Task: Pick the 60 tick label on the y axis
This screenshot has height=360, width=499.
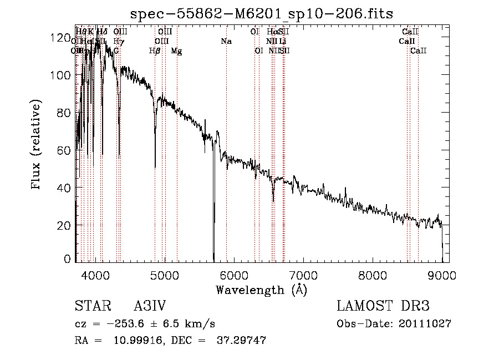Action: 62,150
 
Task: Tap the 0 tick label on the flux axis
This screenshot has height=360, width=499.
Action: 67,258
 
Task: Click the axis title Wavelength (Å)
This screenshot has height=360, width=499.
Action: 261,290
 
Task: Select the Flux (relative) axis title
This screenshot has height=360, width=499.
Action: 37,146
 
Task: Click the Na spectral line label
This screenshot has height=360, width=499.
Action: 226,42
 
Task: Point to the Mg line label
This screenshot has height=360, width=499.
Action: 176,51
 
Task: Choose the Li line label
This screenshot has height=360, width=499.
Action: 283,42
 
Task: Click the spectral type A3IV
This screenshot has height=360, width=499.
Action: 150,307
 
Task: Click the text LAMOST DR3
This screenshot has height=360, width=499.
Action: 383,307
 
